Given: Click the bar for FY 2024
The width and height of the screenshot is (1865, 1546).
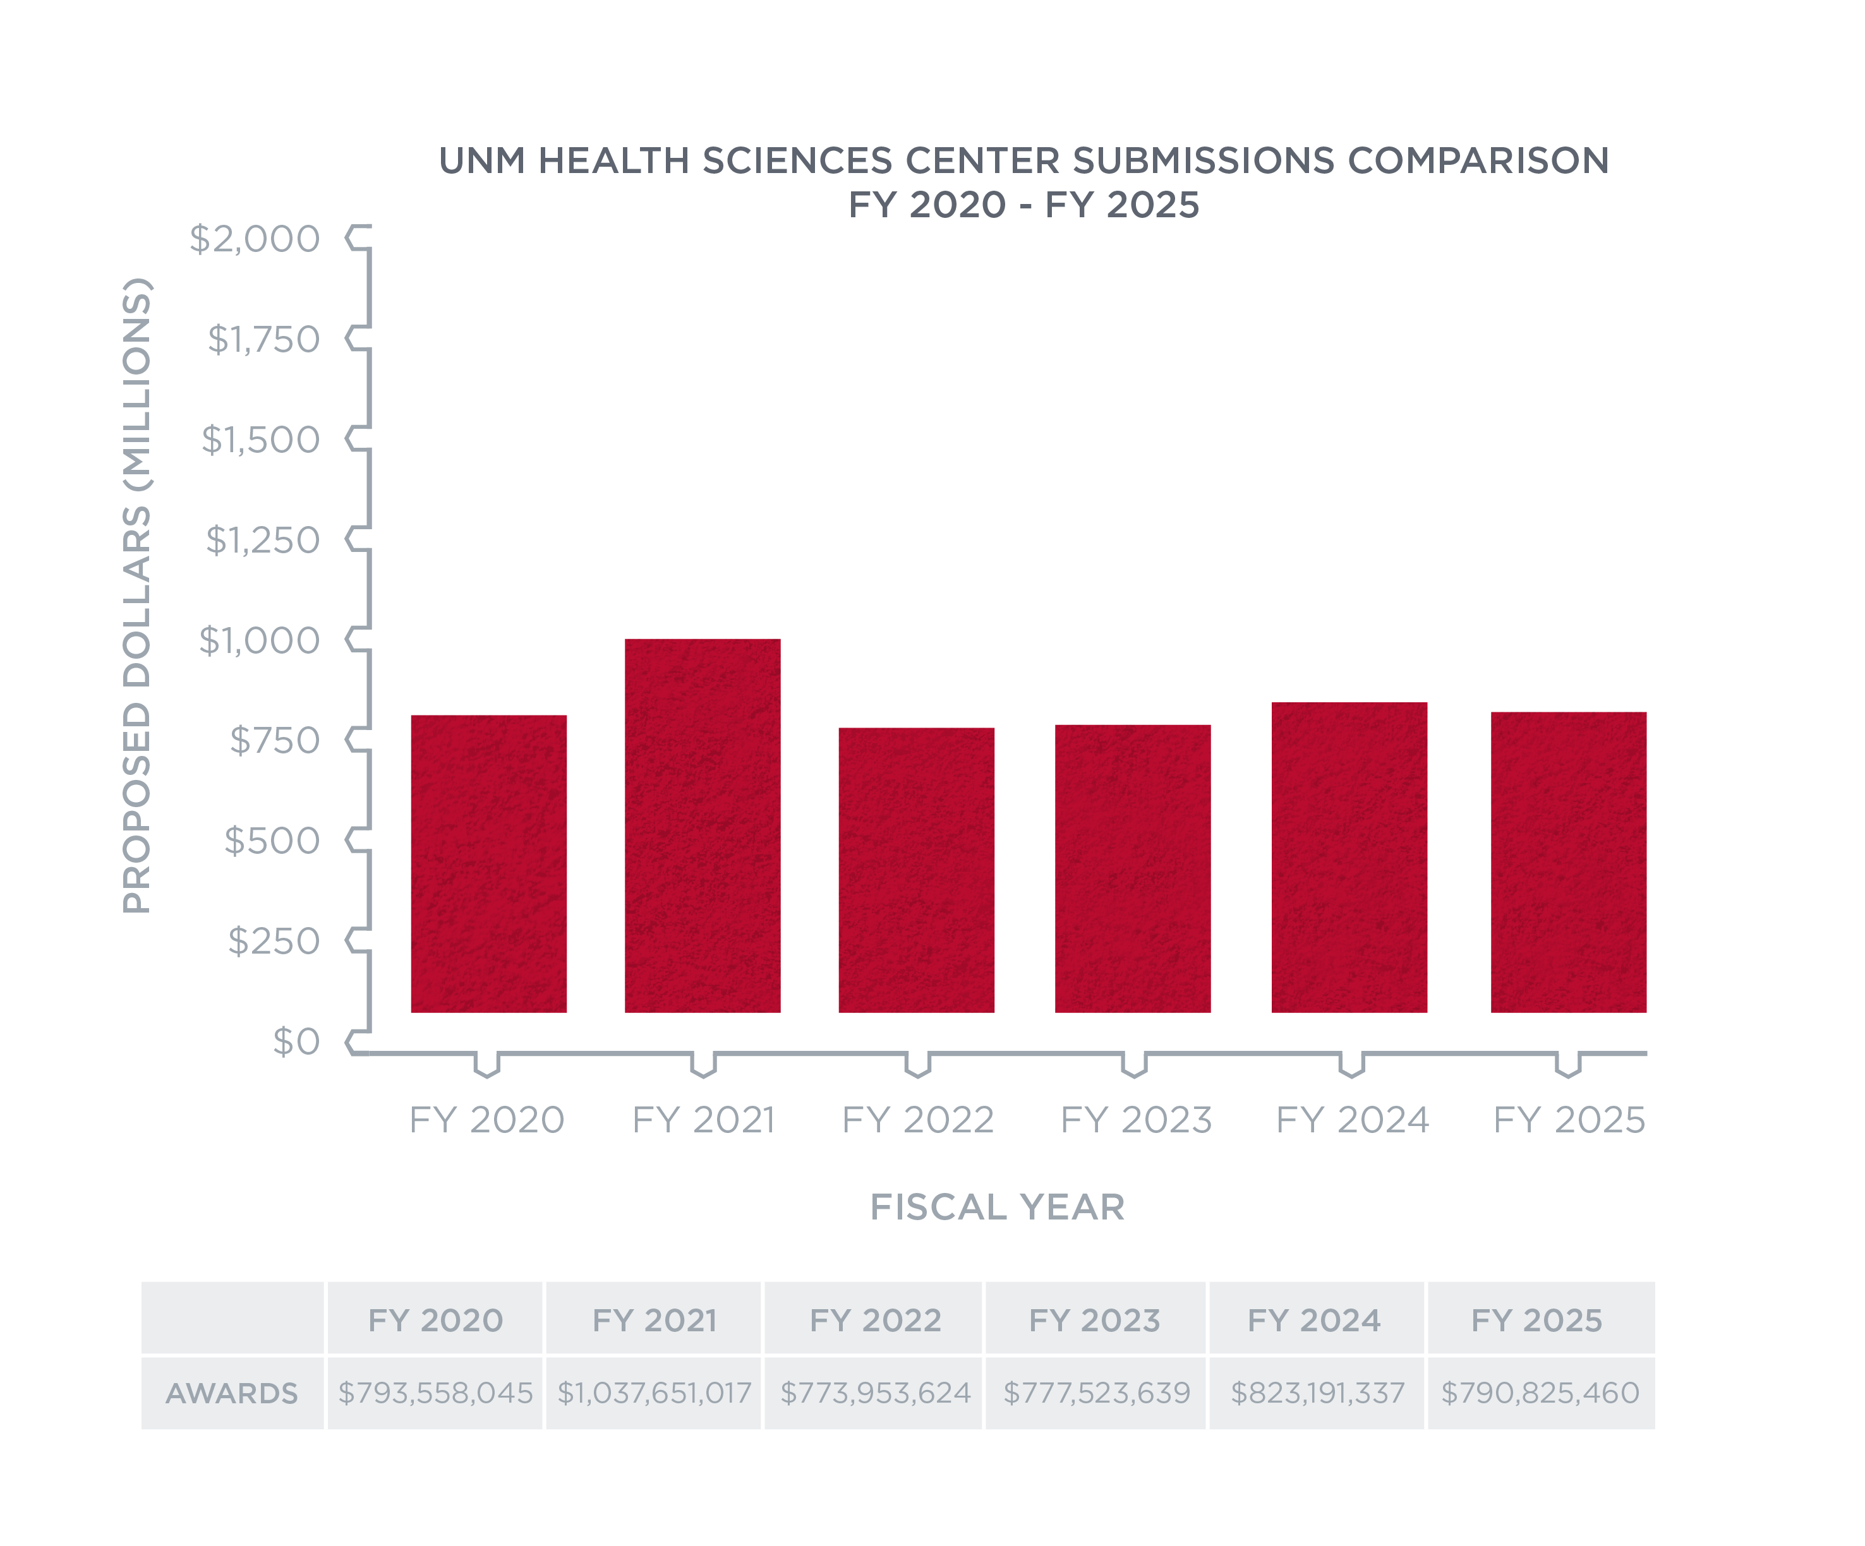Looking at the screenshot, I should pos(1349,857).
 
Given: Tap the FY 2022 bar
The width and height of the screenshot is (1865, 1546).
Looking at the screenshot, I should pos(917,870).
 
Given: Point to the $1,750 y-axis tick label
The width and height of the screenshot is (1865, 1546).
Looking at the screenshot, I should pos(263,339).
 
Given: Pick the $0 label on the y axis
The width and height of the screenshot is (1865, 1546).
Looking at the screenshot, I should pos(296,1041).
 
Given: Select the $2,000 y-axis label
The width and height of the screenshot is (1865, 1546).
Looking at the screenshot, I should pos(255,239).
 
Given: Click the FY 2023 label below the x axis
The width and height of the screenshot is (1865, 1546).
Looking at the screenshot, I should pos(1136,1120).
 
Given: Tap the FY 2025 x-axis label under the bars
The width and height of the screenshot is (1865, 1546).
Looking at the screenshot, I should pos(1569,1120).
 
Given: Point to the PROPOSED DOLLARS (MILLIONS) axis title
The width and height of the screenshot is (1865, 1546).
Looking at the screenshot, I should pos(136,595).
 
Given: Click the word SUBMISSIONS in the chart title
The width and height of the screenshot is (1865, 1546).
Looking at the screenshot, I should pos(1204,161).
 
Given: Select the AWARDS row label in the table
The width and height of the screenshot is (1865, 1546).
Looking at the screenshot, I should pos(232,1393).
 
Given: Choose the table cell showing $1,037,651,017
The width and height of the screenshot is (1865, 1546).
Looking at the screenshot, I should pos(655,1393).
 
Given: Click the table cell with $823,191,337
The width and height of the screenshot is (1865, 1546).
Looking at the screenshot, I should pos(1318,1393).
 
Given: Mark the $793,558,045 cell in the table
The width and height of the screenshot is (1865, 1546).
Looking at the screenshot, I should pos(435,1393).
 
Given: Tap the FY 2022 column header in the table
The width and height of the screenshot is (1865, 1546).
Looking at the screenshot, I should pos(875,1321).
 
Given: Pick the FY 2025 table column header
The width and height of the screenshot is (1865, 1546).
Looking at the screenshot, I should pos(1536,1321).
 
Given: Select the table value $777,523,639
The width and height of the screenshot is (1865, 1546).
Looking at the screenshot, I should pos(1097,1393).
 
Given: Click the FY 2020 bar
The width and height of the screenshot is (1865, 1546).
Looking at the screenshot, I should pos(488,863).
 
